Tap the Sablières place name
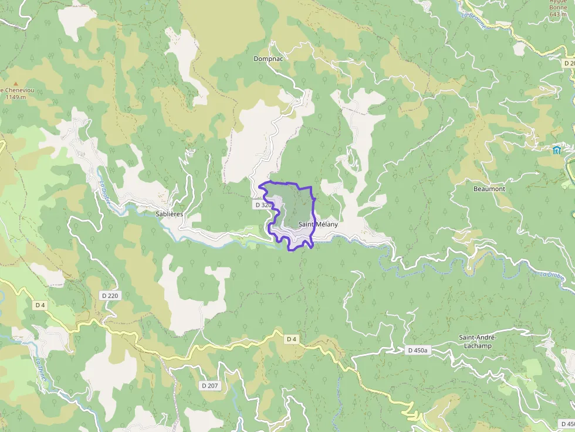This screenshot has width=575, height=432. [x=170, y=214]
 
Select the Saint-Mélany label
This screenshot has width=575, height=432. [x=318, y=224]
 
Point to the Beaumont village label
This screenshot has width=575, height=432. [x=489, y=189]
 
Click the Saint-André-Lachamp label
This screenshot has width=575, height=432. [x=478, y=342]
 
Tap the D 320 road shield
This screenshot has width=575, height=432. [x=263, y=205]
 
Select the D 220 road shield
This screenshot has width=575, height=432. [x=110, y=295]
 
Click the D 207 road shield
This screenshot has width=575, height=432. [x=209, y=386]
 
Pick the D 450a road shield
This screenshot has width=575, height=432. [x=418, y=350]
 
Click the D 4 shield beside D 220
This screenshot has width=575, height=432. [x=40, y=305]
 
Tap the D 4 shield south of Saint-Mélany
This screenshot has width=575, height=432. [x=292, y=339]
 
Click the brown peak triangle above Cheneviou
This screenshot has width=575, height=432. [x=15, y=84]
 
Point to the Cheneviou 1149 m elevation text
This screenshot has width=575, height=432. [x=14, y=94]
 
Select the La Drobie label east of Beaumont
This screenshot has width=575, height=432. [x=552, y=274]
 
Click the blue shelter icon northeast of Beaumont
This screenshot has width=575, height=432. [x=556, y=150]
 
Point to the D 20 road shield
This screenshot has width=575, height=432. [x=569, y=63]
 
